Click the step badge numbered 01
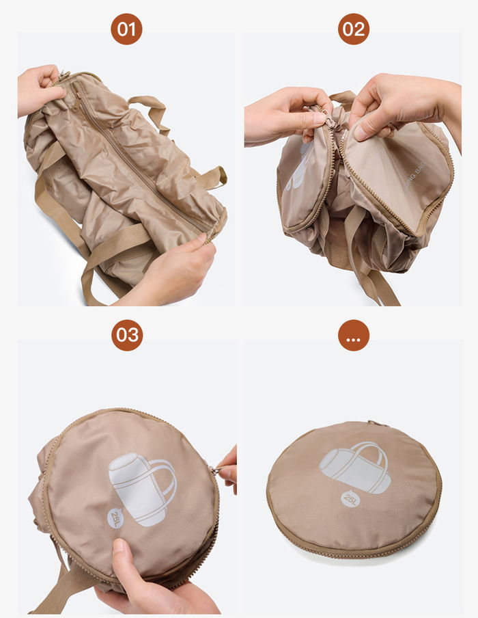pyautogui.click(x=127, y=29)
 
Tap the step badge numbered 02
pyautogui.click(x=354, y=29)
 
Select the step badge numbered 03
pyautogui.click(x=127, y=335)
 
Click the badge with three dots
pyautogui.click(x=354, y=335)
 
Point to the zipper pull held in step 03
pyautogui.click(x=214, y=470)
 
